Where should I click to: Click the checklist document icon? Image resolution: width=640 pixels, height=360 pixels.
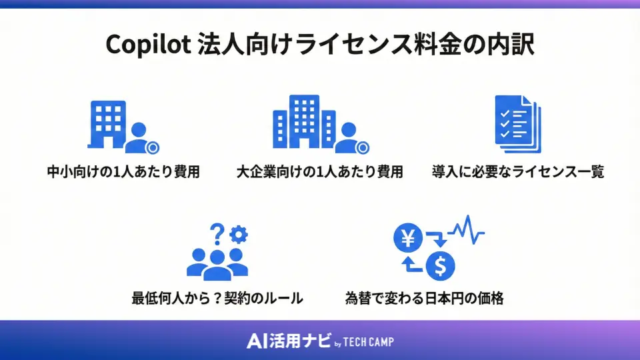(x=517, y=124)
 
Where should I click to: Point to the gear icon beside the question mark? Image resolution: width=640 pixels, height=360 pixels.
(x=238, y=234)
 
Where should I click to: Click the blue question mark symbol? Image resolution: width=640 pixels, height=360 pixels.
(x=216, y=234)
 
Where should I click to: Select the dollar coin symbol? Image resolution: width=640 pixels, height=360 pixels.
(x=441, y=266)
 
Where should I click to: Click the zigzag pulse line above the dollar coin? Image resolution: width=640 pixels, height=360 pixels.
(x=467, y=230)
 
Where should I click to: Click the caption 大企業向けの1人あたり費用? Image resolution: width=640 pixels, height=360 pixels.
(x=320, y=172)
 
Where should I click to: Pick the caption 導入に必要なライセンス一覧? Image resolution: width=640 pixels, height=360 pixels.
(x=518, y=172)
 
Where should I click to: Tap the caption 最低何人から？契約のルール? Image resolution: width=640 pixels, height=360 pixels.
(x=217, y=298)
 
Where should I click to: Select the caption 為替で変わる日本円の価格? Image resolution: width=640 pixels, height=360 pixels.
(x=424, y=298)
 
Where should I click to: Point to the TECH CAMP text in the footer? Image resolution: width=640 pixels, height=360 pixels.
(x=369, y=342)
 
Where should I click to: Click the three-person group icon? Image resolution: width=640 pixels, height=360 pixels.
(x=217, y=263)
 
